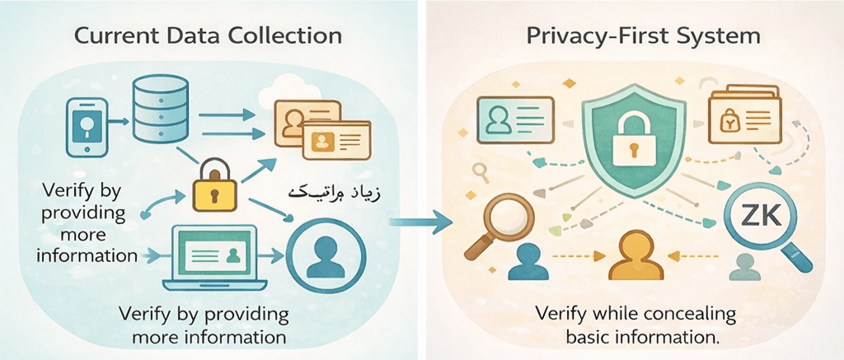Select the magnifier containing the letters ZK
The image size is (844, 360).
pyautogui.click(x=761, y=220)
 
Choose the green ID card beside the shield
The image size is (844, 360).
pyautogui.click(x=513, y=119)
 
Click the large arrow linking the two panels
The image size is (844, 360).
pyautogui.click(x=421, y=221)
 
